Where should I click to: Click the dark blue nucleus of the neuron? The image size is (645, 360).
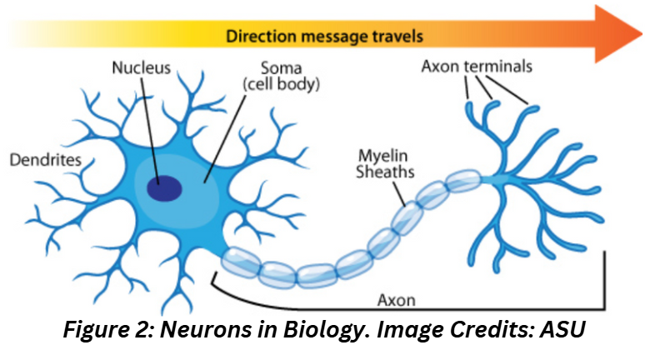[164, 188]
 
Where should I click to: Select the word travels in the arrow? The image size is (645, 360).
[396, 37]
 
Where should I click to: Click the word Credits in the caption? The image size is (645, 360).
[497, 329]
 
